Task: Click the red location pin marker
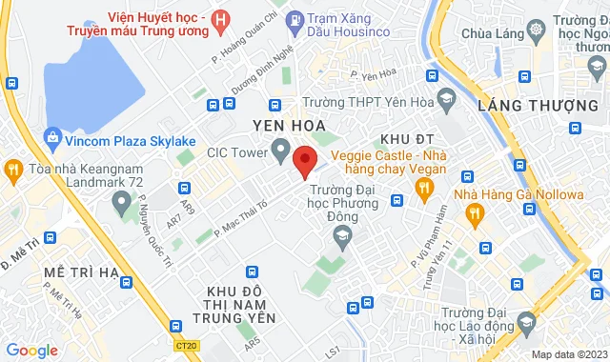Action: (x=304, y=160)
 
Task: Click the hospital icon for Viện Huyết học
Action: (x=221, y=18)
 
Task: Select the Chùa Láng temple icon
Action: (x=537, y=31)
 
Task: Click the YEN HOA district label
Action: (x=289, y=125)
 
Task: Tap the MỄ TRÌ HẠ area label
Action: (x=81, y=272)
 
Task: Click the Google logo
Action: (x=30, y=351)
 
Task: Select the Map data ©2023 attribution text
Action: (x=568, y=354)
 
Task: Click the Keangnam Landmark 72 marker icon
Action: (x=122, y=202)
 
